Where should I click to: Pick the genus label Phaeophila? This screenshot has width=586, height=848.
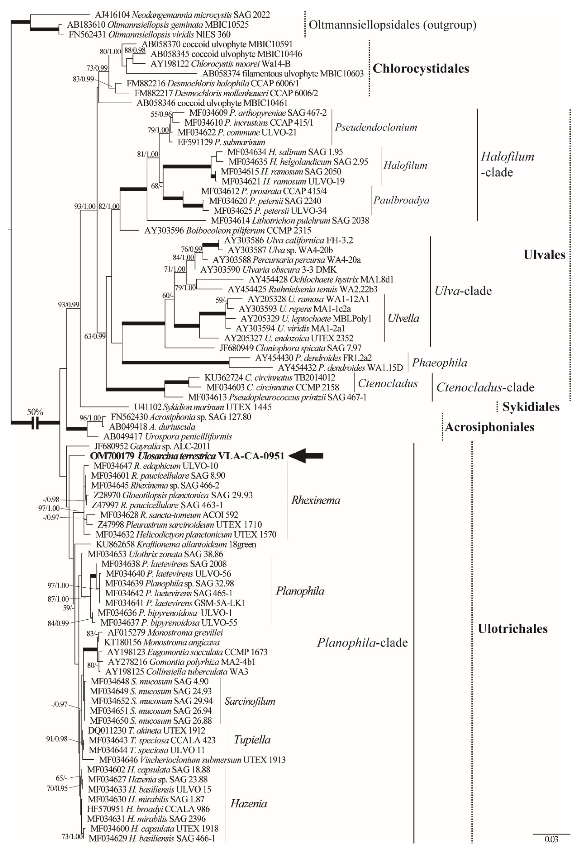tap(440, 363)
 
